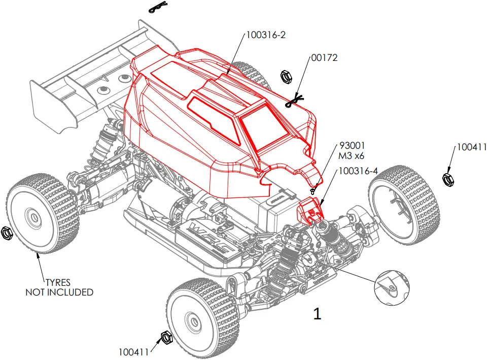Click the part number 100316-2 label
[x=267, y=35]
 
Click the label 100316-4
[x=358, y=171]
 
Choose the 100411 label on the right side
[x=471, y=147]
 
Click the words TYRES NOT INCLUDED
[x=60, y=287]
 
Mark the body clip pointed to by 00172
[x=294, y=102]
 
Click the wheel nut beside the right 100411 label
[x=448, y=178]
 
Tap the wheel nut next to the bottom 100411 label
[x=165, y=337]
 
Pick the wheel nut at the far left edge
[x=7, y=232]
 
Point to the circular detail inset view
[x=392, y=287]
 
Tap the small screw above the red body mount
[x=313, y=190]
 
